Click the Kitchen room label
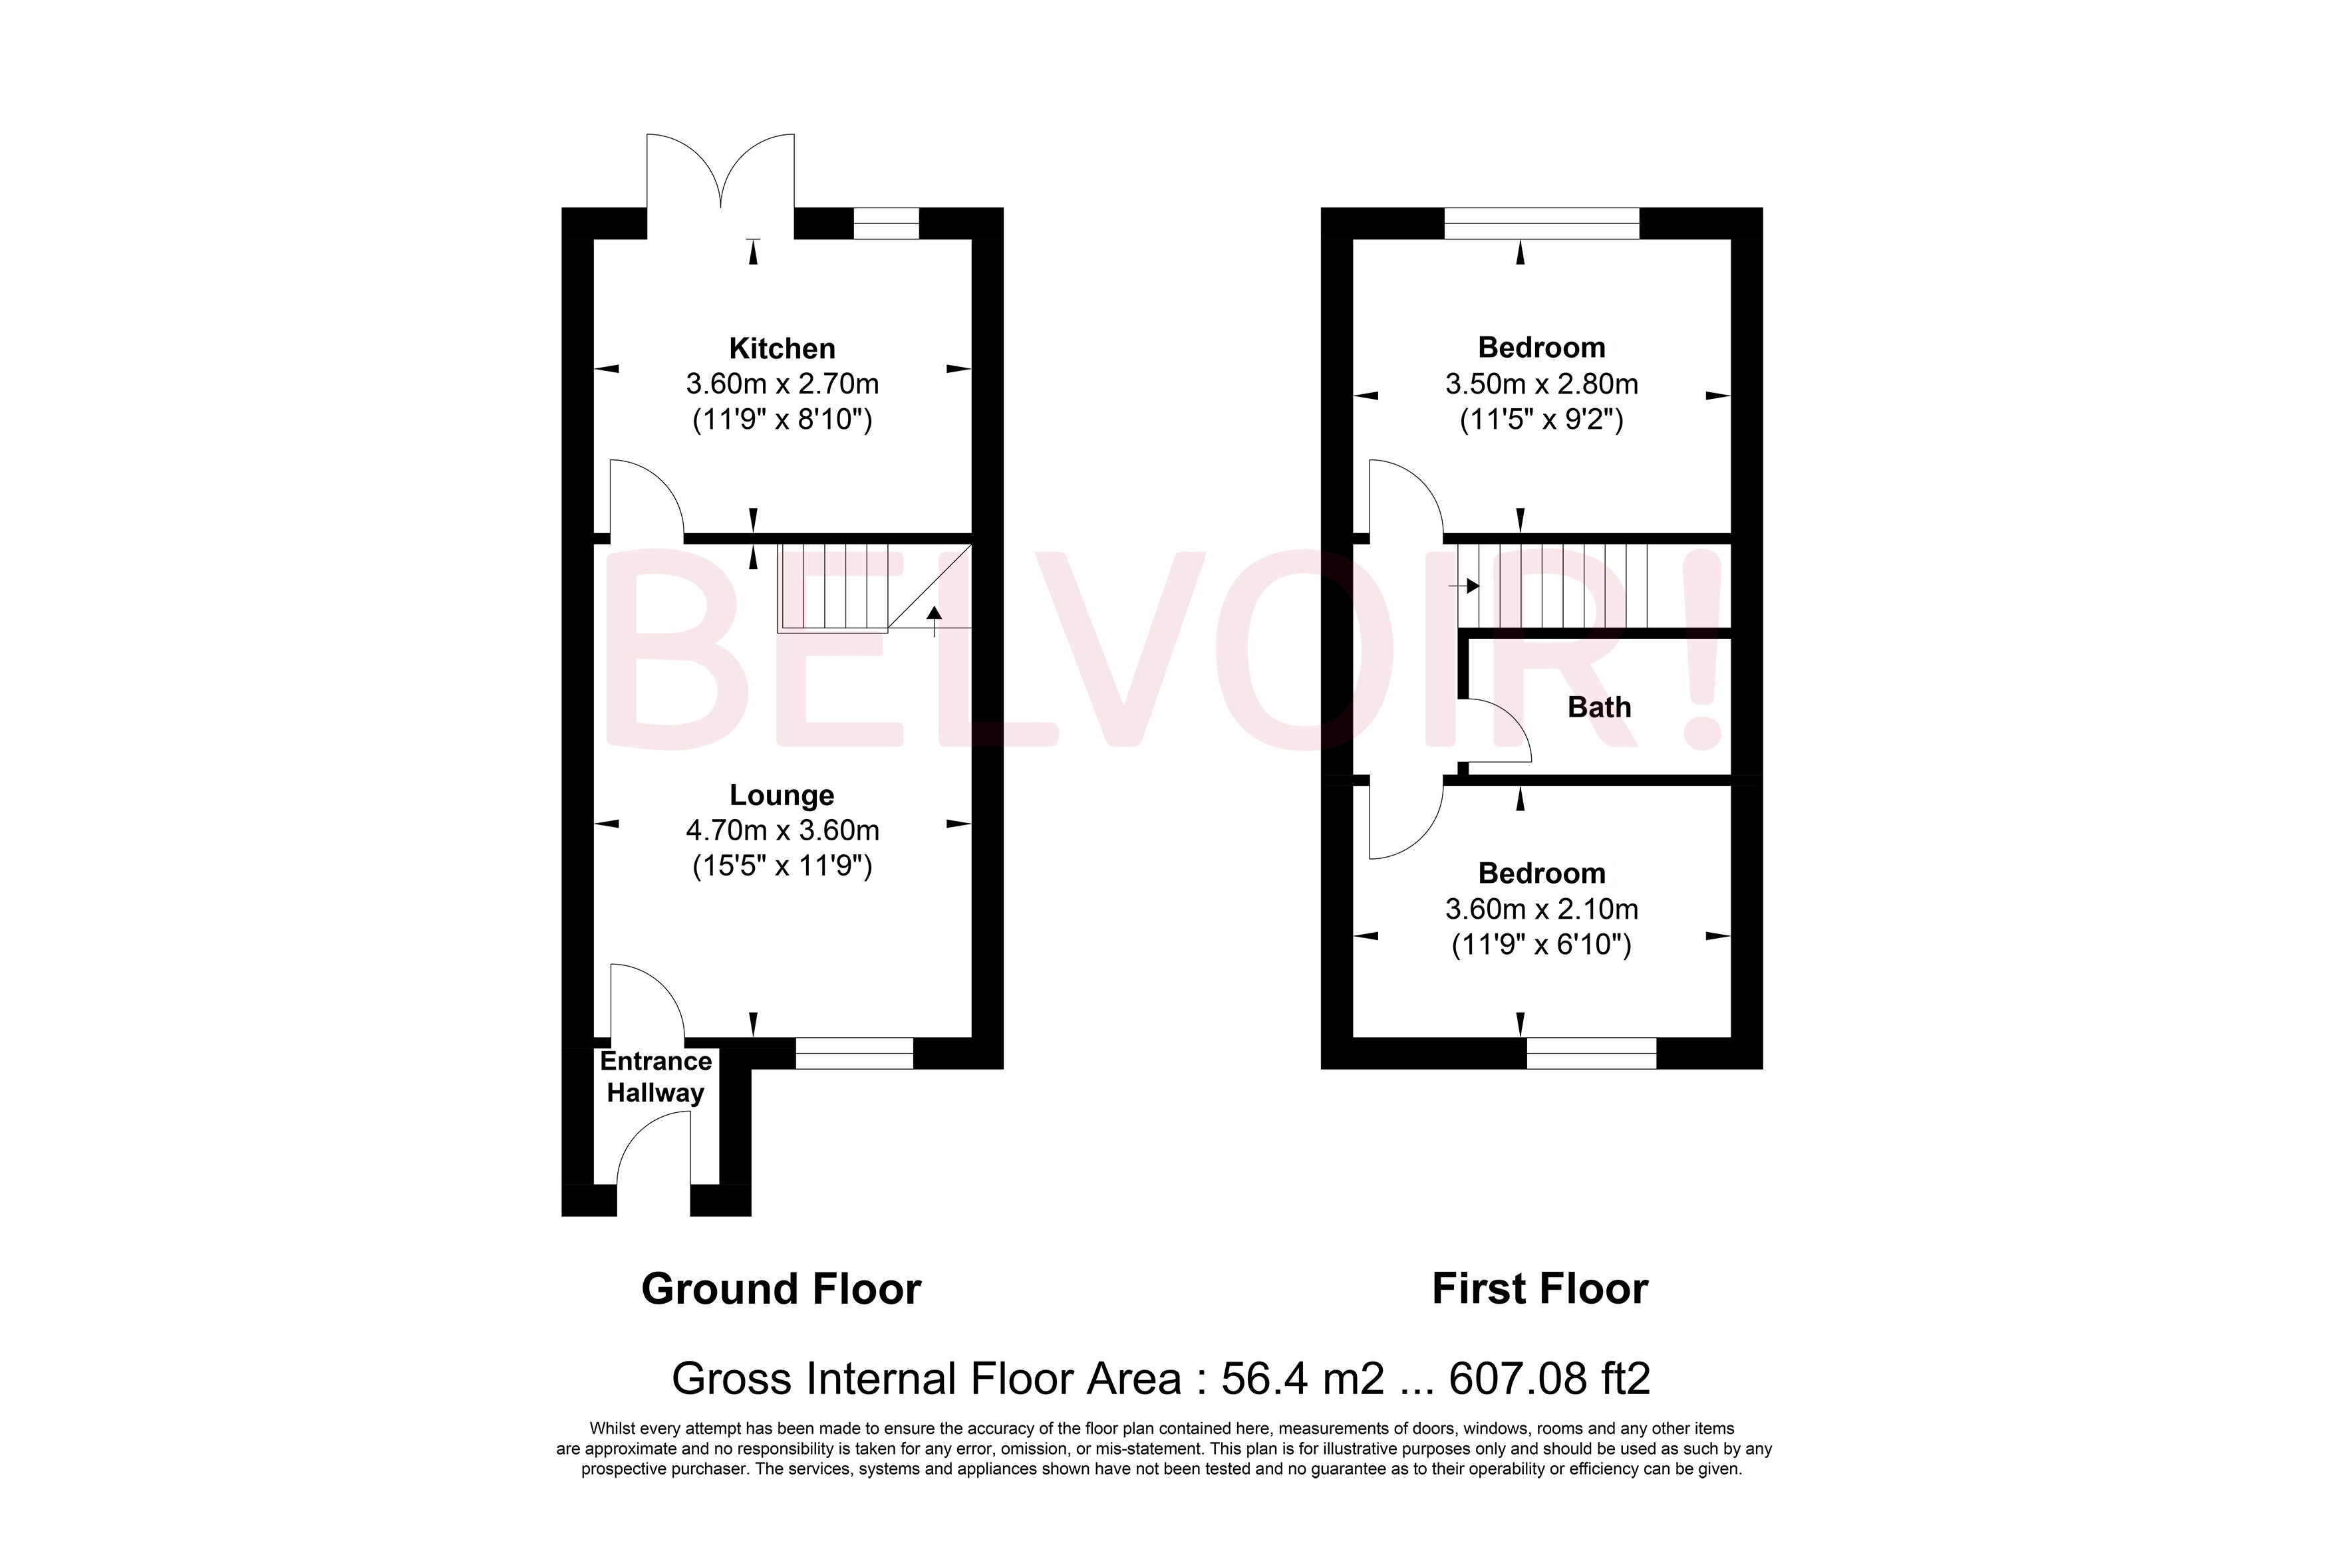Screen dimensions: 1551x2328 tap(782, 348)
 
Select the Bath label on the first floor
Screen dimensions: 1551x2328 tap(1599, 707)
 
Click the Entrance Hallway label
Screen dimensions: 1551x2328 tap(655, 1076)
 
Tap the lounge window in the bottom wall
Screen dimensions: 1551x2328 tap(854, 1054)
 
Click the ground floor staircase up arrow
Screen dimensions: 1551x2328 tap(934, 619)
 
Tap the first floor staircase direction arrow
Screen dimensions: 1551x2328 tap(1464, 586)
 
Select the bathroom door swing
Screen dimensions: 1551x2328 tap(1496, 730)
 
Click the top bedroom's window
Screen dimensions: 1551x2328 tap(1540, 223)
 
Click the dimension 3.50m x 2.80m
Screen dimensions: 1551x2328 tap(1540, 384)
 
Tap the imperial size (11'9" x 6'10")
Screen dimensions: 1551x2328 tap(1540, 945)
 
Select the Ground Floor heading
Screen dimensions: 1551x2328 tap(781, 1289)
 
